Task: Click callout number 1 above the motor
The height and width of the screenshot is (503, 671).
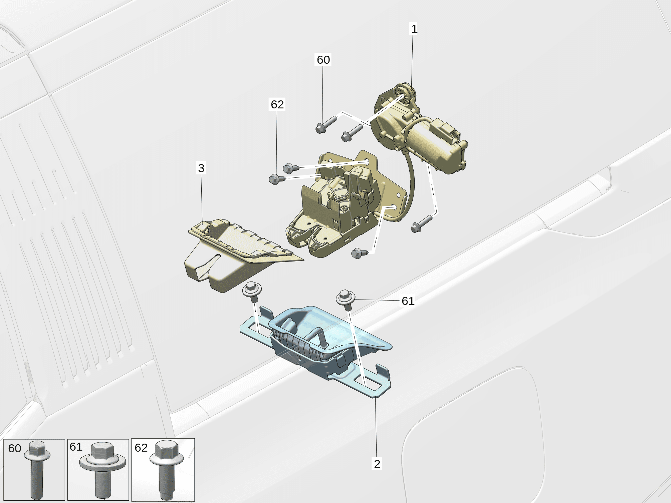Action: point(414,29)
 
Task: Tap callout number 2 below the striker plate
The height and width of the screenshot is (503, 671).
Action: point(377,464)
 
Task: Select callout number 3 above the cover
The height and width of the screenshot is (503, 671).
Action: point(201,168)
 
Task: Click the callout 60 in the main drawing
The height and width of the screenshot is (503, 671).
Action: point(323,60)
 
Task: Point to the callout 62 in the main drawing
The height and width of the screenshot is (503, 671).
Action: point(277,104)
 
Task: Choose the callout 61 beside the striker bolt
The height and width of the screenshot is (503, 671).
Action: point(408,301)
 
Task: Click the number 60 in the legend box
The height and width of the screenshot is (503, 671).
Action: point(15,448)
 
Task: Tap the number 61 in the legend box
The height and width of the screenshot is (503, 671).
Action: point(76,447)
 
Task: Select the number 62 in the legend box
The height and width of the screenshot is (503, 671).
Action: point(141,448)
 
